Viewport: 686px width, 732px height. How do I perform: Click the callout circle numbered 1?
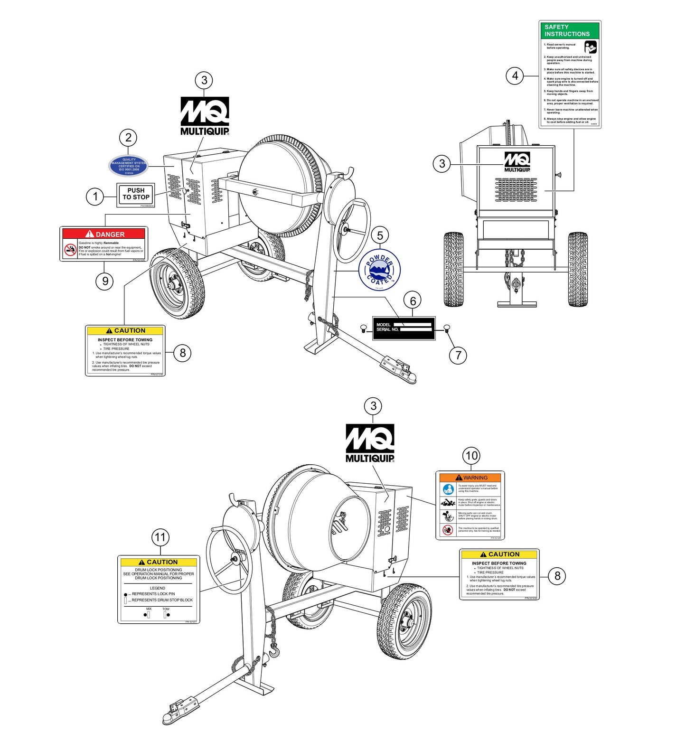pos(95,196)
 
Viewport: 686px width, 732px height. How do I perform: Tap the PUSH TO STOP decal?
pos(136,194)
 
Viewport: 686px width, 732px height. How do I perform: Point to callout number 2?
pos(128,138)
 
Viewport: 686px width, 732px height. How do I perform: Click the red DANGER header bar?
pos(104,234)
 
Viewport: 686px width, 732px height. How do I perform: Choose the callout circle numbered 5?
pos(380,235)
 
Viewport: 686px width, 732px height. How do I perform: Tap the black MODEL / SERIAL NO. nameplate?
pos(404,328)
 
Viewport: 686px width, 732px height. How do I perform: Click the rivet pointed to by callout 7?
pos(447,328)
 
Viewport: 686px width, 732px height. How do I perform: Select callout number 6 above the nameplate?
pos(413,301)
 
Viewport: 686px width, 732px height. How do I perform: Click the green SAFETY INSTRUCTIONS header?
pos(570,31)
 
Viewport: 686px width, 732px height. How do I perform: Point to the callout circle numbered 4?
pos(515,75)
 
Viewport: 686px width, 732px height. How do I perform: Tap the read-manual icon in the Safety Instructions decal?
pos(590,47)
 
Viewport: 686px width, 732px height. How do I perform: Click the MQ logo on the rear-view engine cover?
pos(517,162)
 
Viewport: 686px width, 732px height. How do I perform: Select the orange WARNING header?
pos(470,478)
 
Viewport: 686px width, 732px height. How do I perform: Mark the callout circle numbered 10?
pos(471,456)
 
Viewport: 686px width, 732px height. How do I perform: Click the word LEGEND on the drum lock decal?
pos(158,588)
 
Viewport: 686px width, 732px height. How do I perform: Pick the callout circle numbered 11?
pos(160,537)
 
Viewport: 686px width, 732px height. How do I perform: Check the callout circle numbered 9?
pos(105,281)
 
